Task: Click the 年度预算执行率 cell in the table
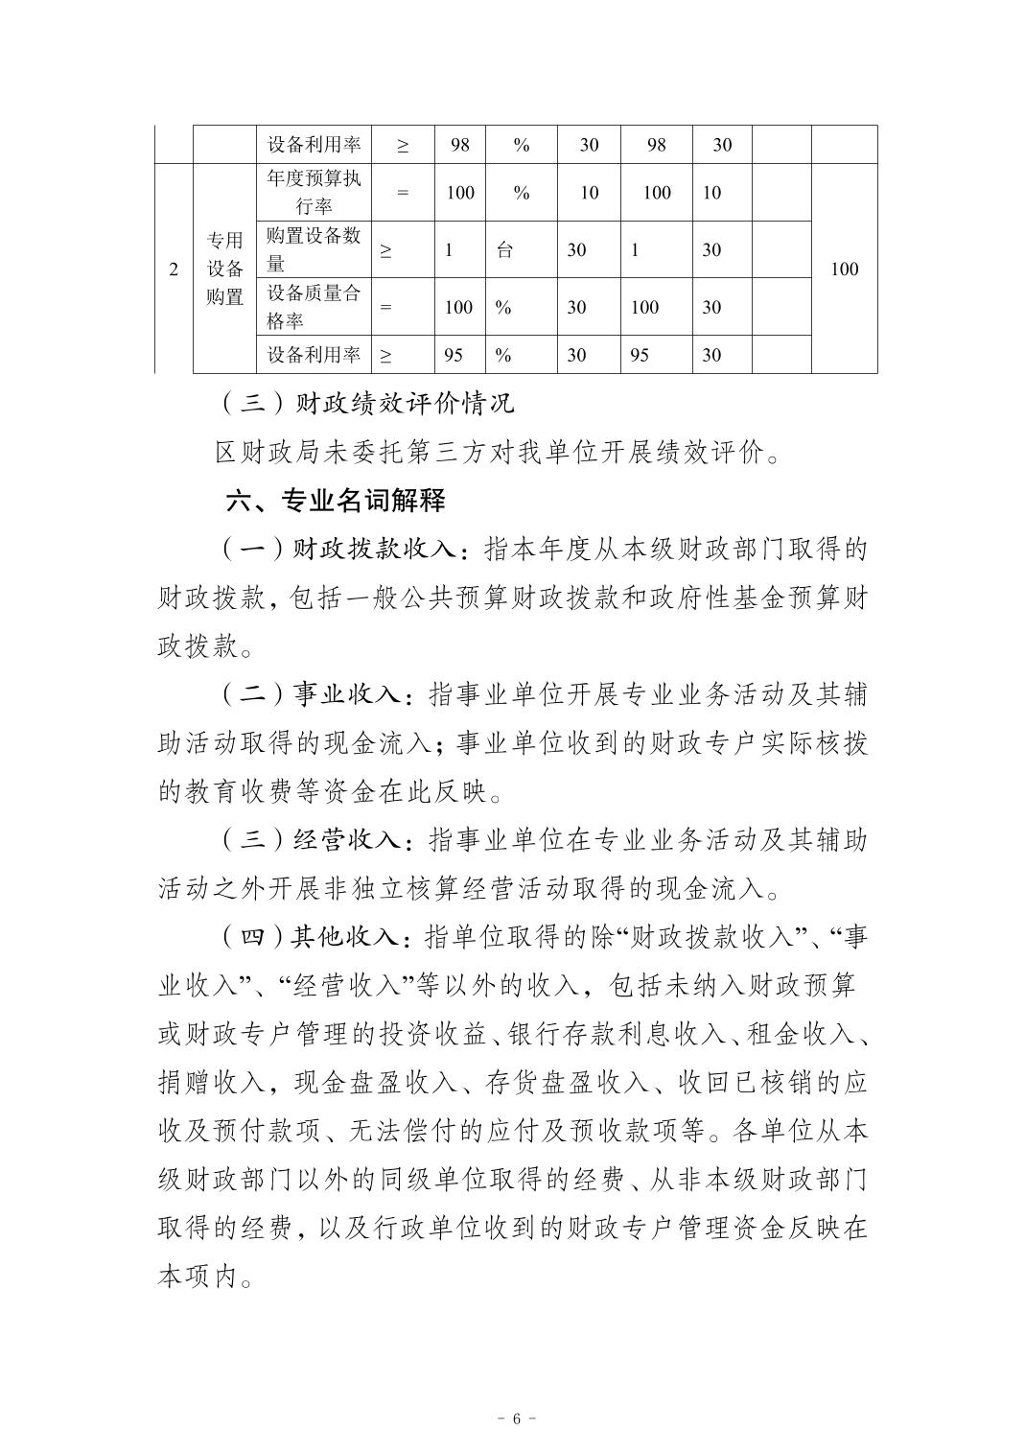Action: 314,192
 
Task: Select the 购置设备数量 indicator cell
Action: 314,249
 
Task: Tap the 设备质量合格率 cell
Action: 314,307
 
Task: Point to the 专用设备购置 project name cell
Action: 225,269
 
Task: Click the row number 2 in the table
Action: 174,270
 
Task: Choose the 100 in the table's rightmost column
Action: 844,270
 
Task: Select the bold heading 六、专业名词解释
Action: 335,501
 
